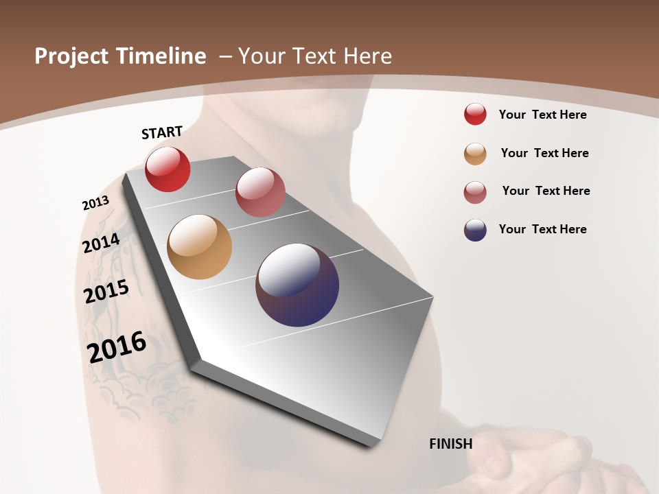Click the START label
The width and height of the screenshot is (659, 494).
pyautogui.click(x=162, y=132)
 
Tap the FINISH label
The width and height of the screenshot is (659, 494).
pyautogui.click(x=451, y=444)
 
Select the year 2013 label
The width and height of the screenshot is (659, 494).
pyautogui.click(x=96, y=203)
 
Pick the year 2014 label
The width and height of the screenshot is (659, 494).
pyautogui.click(x=102, y=244)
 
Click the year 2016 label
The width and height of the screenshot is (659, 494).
pyautogui.click(x=117, y=347)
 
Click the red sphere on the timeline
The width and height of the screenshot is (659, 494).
pyautogui.click(x=167, y=169)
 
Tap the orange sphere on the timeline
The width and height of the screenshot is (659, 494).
pyautogui.click(x=199, y=247)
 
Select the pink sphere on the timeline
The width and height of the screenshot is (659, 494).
pyautogui.click(x=260, y=192)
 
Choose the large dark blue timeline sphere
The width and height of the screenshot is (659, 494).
pyautogui.click(x=297, y=285)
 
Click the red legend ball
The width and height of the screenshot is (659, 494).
pyautogui.click(x=475, y=115)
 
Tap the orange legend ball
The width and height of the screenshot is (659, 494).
pyautogui.click(x=475, y=154)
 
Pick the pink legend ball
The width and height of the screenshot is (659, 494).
pyautogui.click(x=475, y=192)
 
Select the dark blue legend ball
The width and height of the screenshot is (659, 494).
pyautogui.click(x=475, y=230)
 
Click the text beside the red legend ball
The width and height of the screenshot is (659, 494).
pyautogui.click(x=542, y=115)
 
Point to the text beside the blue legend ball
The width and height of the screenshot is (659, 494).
pyautogui.click(x=542, y=229)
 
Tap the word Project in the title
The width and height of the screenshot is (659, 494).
pyautogui.click(x=71, y=56)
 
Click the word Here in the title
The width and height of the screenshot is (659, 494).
pyautogui.click(x=367, y=56)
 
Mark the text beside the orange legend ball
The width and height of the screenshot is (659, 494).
pyautogui.click(x=544, y=153)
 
